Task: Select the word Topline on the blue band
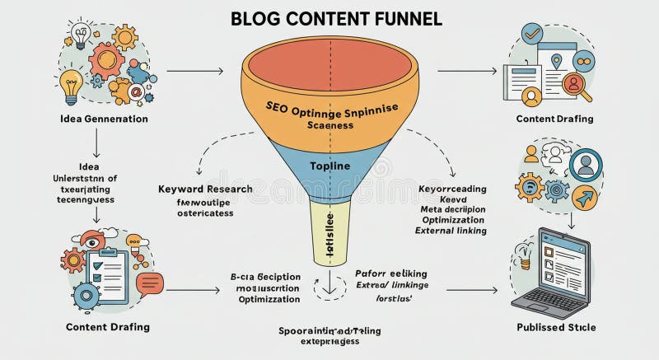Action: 330,166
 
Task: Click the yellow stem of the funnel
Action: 329,231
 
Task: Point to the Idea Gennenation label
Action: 105,119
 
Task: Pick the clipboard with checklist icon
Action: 107,271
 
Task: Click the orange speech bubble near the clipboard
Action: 150,284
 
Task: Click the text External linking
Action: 452,231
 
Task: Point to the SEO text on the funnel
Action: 278,107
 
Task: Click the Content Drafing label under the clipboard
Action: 108,327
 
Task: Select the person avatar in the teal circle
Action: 586,163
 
